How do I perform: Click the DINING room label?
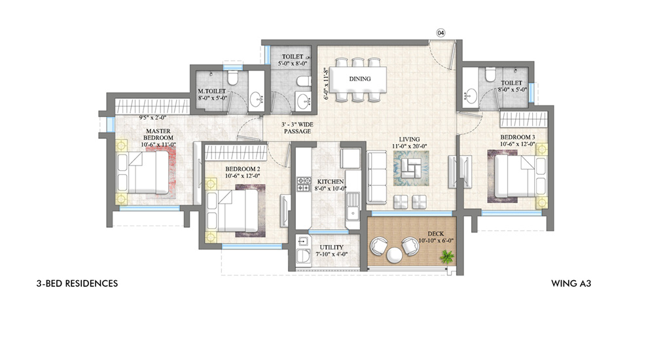point(359,79)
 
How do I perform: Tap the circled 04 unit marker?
point(441,33)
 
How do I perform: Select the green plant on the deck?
point(447,257)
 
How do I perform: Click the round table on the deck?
point(394,255)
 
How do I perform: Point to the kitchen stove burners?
point(304,184)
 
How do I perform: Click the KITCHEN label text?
point(330,182)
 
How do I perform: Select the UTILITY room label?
point(331,247)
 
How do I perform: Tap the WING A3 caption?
point(571,283)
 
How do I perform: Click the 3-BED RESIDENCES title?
point(77,283)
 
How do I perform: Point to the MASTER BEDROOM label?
point(158,134)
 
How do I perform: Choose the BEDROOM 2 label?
point(243,169)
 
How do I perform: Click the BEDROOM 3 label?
point(518,137)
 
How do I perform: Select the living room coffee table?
point(411,168)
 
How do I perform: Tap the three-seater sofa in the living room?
point(376,177)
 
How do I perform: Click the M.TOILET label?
point(211,91)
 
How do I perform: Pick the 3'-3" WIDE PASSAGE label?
point(297,128)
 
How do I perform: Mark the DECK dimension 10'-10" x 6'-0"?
point(435,241)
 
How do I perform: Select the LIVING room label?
point(409,139)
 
